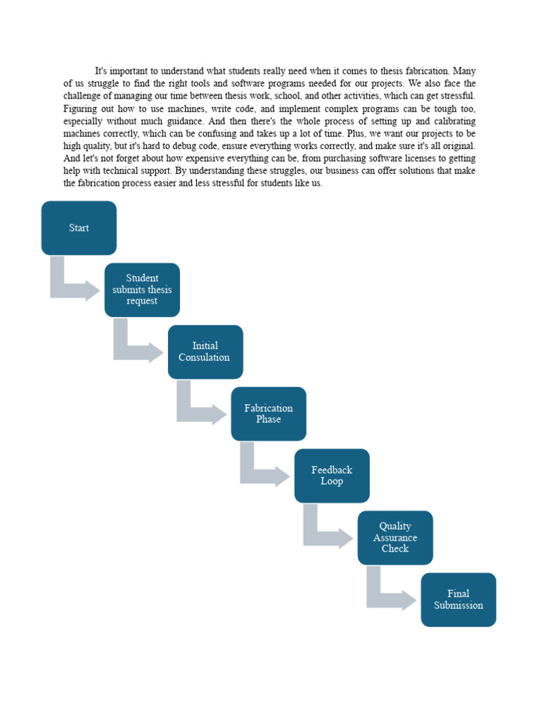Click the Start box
[79, 228]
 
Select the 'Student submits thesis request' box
[142, 290]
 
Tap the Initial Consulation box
[205, 352]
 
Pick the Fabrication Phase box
[269, 413]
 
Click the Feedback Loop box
[332, 475]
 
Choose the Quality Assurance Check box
[395, 538]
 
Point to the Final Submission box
[458, 600]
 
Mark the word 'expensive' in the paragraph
[207, 158]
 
